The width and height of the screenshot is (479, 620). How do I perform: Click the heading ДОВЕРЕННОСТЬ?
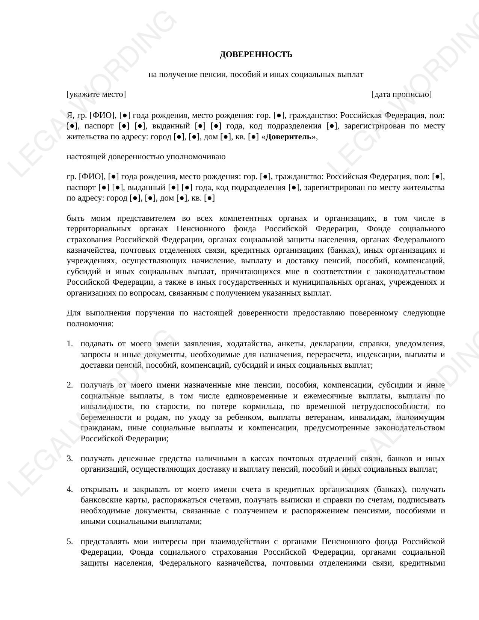click(256, 54)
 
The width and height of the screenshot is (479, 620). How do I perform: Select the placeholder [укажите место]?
click(96, 94)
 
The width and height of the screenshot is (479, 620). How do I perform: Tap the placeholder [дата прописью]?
click(401, 94)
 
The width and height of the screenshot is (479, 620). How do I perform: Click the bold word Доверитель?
click(288, 137)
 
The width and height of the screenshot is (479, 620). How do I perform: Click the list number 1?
click(69, 344)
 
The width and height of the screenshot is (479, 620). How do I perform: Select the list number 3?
click(69, 459)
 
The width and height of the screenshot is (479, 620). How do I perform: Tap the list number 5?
click(69, 542)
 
